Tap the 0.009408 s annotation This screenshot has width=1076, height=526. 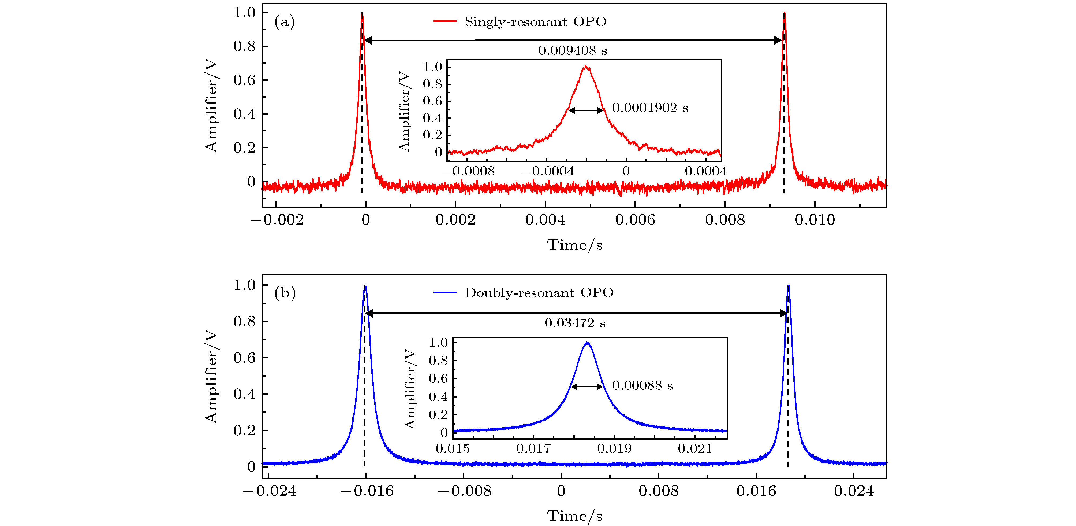click(572, 51)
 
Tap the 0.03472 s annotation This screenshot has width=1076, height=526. click(575, 323)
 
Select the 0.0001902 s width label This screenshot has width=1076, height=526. click(650, 108)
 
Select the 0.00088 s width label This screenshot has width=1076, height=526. click(642, 385)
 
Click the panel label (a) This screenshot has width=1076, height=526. click(285, 21)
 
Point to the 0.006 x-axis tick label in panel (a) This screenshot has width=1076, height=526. click(635, 220)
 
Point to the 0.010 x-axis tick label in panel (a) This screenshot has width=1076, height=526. click(815, 220)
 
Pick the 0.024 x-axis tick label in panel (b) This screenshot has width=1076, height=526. click(854, 491)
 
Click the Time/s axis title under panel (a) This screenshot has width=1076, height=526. click(575, 245)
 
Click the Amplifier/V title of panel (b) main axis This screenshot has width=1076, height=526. click(211, 376)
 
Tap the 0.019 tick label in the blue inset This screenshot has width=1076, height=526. click(614, 449)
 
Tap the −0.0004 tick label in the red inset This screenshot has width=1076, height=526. click(547, 171)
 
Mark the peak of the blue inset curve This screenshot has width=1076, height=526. click(587, 343)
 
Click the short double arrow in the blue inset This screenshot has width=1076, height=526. click(587, 387)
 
